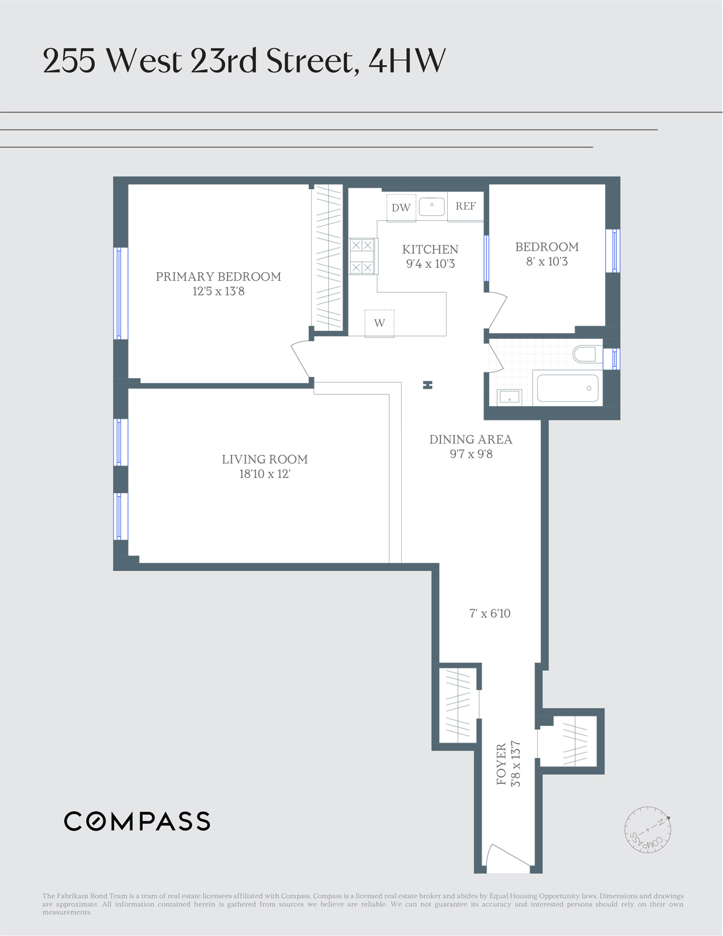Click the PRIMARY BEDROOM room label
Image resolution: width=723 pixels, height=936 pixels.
[218, 276]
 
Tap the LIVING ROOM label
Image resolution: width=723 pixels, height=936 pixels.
[264, 459]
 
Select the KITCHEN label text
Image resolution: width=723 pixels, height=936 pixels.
[430, 249]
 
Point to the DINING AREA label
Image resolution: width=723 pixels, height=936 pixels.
[470, 439]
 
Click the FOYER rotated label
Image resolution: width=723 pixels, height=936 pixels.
[502, 764]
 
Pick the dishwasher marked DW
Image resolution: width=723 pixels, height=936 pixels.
[401, 208]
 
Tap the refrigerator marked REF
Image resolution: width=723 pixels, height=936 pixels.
[465, 207]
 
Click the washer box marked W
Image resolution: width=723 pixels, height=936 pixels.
[379, 323]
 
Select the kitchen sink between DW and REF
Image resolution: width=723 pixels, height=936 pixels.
[432, 207]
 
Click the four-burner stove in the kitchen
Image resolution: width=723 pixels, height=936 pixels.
[362, 256]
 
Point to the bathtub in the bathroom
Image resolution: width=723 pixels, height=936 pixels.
[568, 389]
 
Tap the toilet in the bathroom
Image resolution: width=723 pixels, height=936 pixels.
[585, 354]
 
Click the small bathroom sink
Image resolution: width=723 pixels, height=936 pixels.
[510, 397]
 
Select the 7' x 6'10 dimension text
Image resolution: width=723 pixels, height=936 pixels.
[490, 613]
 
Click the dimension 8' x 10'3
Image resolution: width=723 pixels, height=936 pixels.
[546, 261]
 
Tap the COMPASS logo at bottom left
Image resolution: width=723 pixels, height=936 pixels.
[137, 821]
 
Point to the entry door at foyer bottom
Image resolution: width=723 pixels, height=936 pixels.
[508, 860]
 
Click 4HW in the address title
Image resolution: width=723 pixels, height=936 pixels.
[407, 61]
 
